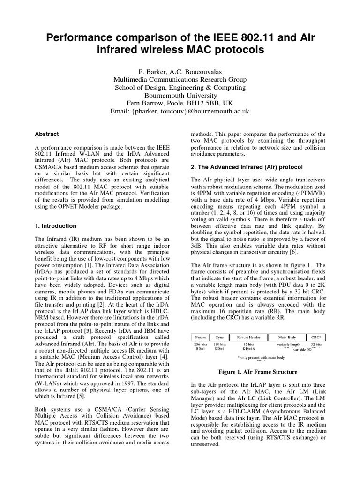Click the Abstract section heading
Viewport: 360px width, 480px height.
(x=47, y=134)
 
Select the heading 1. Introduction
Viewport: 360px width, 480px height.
(x=56, y=225)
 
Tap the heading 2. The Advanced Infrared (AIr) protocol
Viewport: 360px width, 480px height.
(x=247, y=167)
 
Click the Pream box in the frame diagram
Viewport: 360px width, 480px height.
(x=200, y=337)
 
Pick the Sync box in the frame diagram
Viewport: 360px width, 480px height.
(x=220, y=337)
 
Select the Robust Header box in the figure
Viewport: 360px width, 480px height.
(x=249, y=337)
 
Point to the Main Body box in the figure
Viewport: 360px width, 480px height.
(x=287, y=337)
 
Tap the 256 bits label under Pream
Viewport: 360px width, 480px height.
(x=200, y=345)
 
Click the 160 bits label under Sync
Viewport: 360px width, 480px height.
(x=220, y=345)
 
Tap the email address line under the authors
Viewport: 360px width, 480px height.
(x=180, y=111)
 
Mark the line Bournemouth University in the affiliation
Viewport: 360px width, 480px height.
(x=180, y=95)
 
